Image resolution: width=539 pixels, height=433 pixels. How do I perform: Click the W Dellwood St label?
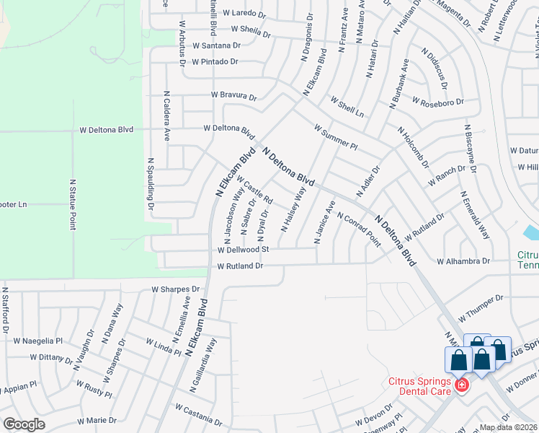pyautogui.click(x=244, y=250)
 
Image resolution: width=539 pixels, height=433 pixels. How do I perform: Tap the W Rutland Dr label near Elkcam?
pyautogui.click(x=240, y=266)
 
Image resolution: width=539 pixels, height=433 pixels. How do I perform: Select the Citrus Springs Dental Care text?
pyautogui.click(x=419, y=386)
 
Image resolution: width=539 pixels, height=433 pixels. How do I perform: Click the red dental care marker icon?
pyautogui.click(x=461, y=386)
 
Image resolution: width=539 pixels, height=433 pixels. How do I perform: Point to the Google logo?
pyautogui.click(x=24, y=424)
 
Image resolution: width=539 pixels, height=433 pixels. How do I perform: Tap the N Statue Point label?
pyautogui.click(x=73, y=205)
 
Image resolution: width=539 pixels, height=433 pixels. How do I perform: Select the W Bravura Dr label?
pyautogui.click(x=233, y=95)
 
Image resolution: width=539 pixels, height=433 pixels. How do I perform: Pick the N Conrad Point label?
pyautogui.click(x=358, y=229)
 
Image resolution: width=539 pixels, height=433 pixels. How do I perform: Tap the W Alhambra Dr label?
pyautogui.click(x=463, y=261)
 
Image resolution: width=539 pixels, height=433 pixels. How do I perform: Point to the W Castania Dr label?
pyautogui.click(x=198, y=416)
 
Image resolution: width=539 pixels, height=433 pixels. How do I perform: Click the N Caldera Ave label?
pyautogui.click(x=166, y=115)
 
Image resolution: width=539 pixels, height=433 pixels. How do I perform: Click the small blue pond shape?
pyautogui.click(x=532, y=232)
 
